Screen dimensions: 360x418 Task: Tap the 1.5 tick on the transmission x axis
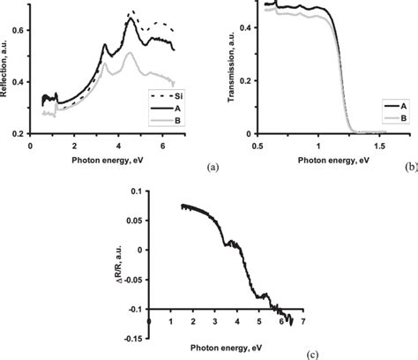[380, 143]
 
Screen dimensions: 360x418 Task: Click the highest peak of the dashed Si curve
[133, 12]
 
